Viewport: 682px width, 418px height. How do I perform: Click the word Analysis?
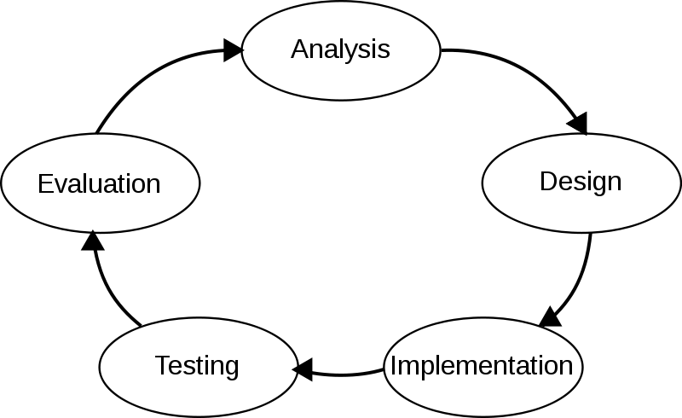pos(340,49)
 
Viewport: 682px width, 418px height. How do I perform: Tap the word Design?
pos(581,182)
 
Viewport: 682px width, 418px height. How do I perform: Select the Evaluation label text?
pos(99,183)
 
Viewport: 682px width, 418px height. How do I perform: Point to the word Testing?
pos(197,366)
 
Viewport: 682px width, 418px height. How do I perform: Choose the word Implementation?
pos(482,366)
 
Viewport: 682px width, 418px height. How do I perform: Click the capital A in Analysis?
pos(299,49)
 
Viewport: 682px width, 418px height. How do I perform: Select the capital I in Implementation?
pos(393,366)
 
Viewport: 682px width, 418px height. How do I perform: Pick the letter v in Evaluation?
pos(62,185)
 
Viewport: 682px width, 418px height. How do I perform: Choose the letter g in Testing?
pos(231,369)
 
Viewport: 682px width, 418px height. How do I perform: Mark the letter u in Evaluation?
pos(101,185)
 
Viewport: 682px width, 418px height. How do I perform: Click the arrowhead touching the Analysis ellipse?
pos(244,52)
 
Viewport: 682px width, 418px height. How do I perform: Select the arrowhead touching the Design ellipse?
pos(586,135)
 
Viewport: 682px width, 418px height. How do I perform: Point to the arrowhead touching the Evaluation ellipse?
pos(92,230)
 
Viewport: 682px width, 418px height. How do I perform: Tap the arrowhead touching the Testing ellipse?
pos(294,369)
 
